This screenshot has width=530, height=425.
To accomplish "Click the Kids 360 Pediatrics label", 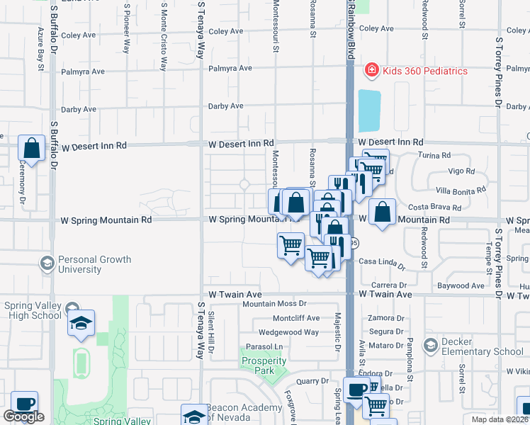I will click(425, 70).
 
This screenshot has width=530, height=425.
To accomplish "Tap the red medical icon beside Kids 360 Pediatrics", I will click(371, 70).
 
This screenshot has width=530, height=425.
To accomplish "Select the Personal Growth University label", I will click(94, 264).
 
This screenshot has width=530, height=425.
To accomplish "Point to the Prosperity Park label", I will click(263, 365).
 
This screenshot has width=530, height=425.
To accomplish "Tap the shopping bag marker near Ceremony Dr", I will click(32, 149).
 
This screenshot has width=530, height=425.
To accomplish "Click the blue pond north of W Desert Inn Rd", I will click(368, 110).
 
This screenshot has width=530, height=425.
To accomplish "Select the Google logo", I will click(24, 416).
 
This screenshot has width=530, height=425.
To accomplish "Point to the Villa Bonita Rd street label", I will click(461, 190).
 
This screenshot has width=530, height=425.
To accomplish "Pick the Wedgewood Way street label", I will click(288, 331).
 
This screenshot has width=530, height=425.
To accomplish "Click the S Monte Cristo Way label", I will click(164, 36).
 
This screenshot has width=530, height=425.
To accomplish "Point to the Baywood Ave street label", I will click(461, 286).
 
